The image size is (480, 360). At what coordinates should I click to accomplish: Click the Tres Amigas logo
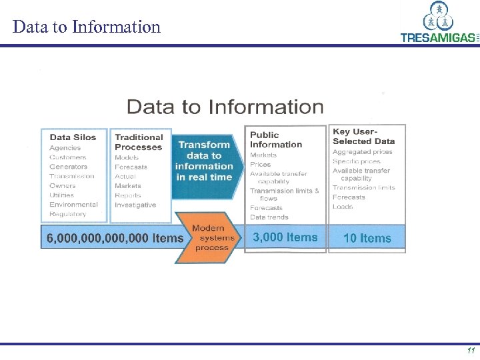pyautogui.click(x=439, y=23)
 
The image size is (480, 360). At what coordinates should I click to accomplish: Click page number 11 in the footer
pyautogui.click(x=471, y=351)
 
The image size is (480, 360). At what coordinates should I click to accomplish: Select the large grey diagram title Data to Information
pyautogui.click(x=225, y=107)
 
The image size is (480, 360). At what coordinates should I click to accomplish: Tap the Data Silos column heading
pyautogui.click(x=73, y=137)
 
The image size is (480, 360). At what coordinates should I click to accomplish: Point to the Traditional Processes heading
pyautogui.click(x=139, y=142)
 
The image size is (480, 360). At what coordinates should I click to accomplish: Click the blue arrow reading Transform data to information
pyautogui.click(x=205, y=161)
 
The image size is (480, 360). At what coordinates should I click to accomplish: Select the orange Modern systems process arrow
pyautogui.click(x=209, y=238)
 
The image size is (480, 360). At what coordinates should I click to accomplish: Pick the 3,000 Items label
pyautogui.click(x=285, y=237)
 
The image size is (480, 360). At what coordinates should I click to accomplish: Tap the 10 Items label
pyautogui.click(x=367, y=238)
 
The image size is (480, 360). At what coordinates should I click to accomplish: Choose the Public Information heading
pyautogui.click(x=275, y=139)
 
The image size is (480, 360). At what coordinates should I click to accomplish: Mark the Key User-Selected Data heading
pyautogui.click(x=363, y=137)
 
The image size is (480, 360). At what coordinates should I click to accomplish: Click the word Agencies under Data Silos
pyautogui.click(x=65, y=148)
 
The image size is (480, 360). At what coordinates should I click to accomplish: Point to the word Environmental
pyautogui.click(x=73, y=205)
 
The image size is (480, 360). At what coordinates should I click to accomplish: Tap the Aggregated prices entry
pyautogui.click(x=362, y=152)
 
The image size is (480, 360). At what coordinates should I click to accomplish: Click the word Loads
pyautogui.click(x=343, y=207)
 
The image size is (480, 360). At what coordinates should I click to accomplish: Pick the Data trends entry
pyautogui.click(x=269, y=217)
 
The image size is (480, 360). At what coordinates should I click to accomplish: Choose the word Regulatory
pyautogui.click(x=68, y=214)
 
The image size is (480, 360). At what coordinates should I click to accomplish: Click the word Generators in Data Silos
pyautogui.click(x=68, y=167)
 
